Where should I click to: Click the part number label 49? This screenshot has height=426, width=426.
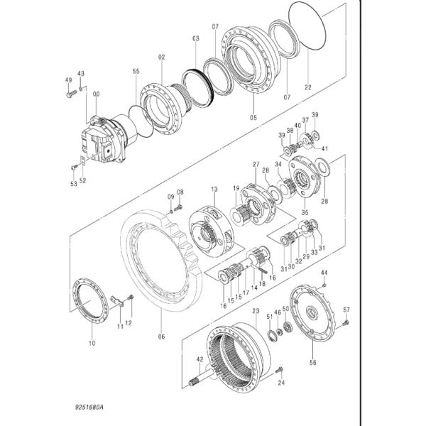(x=68, y=80)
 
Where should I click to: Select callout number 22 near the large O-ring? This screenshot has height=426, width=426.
(x=308, y=87)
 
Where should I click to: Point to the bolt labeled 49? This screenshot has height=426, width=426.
(x=71, y=94)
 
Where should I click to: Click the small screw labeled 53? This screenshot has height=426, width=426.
(x=74, y=167)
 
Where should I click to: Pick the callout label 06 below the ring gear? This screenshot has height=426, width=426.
(x=161, y=337)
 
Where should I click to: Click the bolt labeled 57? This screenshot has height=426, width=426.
(x=346, y=323)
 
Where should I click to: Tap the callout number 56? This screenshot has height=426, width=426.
(x=313, y=362)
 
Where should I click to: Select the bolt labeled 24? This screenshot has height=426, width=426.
(x=279, y=369)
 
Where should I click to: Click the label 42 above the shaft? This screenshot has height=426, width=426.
(x=200, y=359)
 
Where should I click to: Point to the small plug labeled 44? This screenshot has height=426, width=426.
(x=324, y=285)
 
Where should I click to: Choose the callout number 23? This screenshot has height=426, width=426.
(x=256, y=310)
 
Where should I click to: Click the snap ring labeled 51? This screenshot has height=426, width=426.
(x=271, y=334)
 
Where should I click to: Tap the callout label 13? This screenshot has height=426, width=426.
(x=214, y=189)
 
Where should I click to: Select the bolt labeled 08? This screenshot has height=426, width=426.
(x=178, y=208)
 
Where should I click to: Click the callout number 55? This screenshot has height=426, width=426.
(x=136, y=71)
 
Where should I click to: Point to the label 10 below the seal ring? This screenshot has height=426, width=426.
(x=92, y=343)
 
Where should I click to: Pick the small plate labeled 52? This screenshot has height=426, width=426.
(x=83, y=161)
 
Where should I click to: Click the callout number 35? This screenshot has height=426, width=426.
(x=305, y=212)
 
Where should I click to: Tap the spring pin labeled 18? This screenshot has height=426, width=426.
(x=263, y=270)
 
